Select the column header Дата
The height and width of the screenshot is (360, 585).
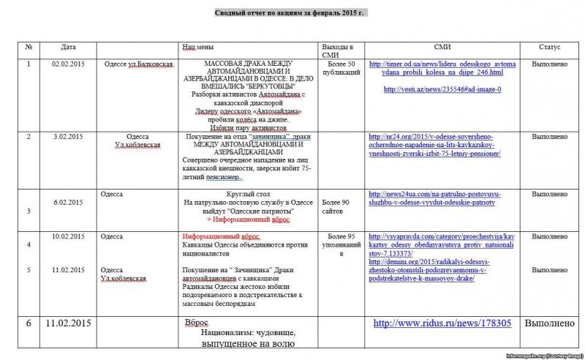coord(69,47)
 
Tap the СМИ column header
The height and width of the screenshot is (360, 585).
coord(442,47)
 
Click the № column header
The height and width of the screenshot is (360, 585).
coord(29,47)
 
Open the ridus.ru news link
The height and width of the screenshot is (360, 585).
coord(442,323)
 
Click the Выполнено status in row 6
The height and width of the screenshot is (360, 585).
coord(548,323)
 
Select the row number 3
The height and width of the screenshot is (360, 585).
coord(29,211)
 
